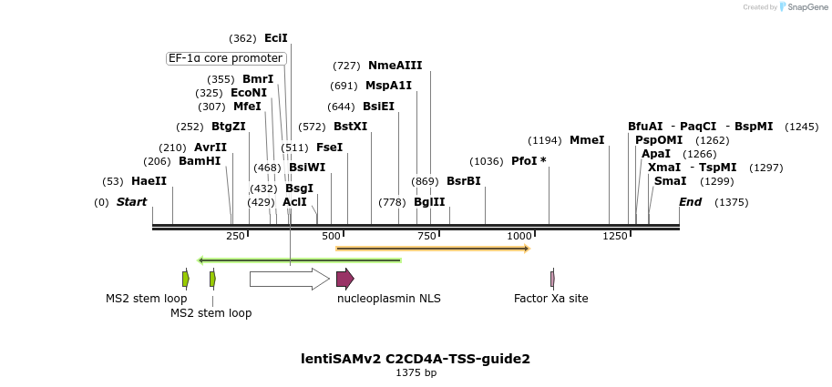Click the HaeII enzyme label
149,181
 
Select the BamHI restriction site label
200,161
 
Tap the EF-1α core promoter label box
226,58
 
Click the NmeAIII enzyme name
395,66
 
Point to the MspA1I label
388,86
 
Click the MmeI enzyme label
587,140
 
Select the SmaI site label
670,181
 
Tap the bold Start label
131,201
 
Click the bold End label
690,201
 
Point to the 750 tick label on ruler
425,236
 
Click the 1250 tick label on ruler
615,236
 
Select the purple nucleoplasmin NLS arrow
344,279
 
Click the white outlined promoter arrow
289,279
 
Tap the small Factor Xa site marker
552,279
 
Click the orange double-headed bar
432,248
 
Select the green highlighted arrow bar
299,260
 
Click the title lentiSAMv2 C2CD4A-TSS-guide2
416,359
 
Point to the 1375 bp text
416,372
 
